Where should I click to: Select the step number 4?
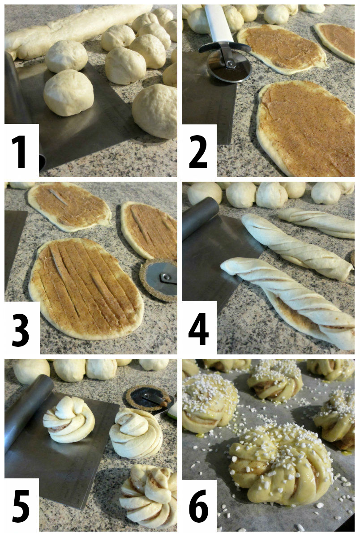coord(198,329)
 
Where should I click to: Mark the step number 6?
coord(198,506)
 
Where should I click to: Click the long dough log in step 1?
coord(76,29)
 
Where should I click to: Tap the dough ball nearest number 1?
coord(68,92)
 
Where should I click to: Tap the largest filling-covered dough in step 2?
coord(304,128)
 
